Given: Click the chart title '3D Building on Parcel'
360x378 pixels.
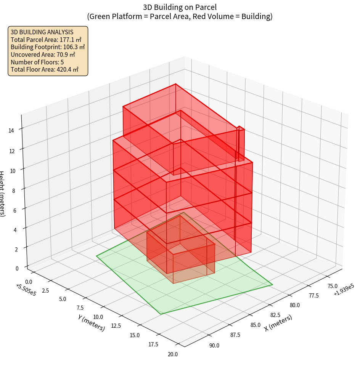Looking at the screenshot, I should tap(180, 7).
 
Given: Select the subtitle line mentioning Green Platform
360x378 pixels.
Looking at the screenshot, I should tap(180, 16).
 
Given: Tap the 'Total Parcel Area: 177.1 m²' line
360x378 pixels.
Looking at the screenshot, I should tap(46, 40).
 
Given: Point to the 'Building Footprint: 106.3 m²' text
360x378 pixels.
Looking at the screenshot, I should tap(48, 47).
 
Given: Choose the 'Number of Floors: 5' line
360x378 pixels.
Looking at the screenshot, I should tap(37, 62).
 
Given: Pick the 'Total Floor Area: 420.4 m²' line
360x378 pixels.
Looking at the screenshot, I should tap(45, 69).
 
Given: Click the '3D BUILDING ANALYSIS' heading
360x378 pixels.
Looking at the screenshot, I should tap(42, 32).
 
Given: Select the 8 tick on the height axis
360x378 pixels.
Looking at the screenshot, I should tap(14, 190).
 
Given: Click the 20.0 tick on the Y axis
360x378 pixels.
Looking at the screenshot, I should tap(173, 354).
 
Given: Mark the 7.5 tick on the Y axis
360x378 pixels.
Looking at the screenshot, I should tap(80, 308).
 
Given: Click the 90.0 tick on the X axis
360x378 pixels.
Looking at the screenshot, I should tap(214, 346).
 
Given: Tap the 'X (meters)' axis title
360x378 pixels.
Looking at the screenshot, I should tap(278, 322).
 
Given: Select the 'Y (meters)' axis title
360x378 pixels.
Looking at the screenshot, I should tap(91, 322).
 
